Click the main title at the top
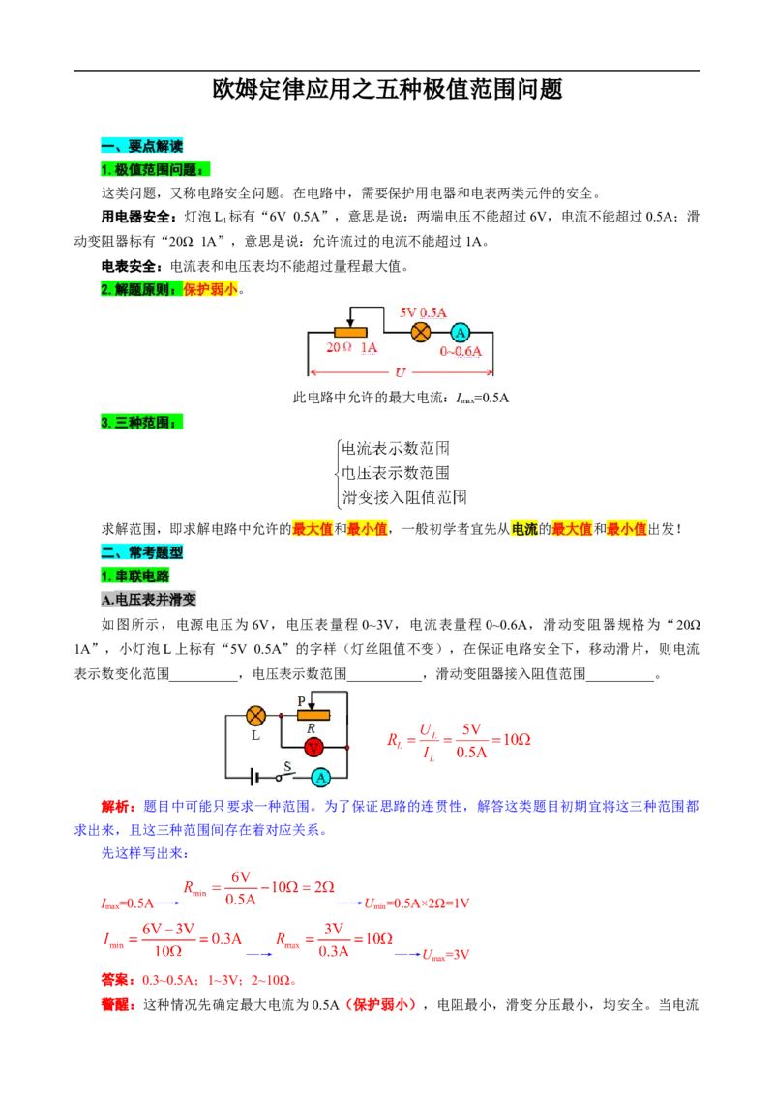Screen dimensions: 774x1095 point(387,89)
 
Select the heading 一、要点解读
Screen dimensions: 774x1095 point(142,146)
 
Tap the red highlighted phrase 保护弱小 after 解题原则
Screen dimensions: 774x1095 point(210,289)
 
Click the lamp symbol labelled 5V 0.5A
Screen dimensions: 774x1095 point(421,333)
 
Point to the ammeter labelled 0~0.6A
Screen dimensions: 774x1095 point(460,333)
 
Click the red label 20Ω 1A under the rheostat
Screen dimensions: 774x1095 point(351,348)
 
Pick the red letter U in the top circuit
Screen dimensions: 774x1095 point(400,372)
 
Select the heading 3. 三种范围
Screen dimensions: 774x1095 point(142,423)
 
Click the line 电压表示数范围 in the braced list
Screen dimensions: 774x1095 point(396,473)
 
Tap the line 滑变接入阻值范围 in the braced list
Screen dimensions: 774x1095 point(403,497)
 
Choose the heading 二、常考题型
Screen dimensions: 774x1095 point(142,552)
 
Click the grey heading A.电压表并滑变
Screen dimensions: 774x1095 point(148,599)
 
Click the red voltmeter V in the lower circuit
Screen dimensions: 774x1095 point(313,748)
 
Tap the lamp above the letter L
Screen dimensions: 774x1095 point(256,716)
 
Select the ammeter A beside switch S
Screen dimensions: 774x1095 point(320,778)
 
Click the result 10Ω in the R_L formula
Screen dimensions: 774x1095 point(517,740)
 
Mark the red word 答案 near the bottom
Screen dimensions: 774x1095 point(115,980)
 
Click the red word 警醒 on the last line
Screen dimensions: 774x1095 point(115,1005)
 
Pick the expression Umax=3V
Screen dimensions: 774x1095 point(446,955)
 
